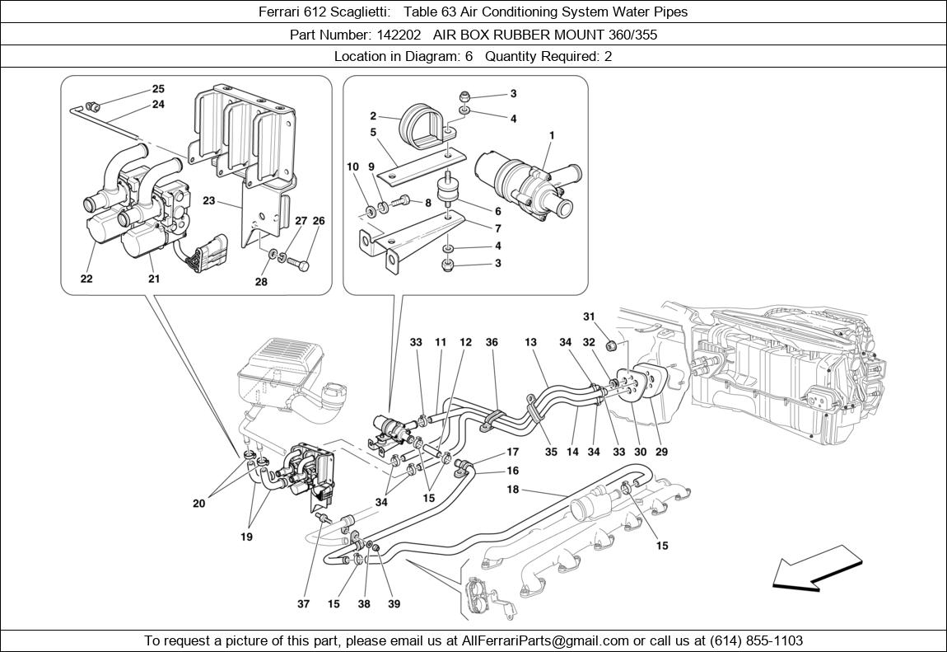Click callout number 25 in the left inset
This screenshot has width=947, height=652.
point(158,89)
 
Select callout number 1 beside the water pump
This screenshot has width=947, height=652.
point(551,135)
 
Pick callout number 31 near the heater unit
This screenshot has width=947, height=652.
point(589,317)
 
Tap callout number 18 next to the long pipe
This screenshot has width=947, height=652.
point(512,490)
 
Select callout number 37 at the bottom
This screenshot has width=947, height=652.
point(304,603)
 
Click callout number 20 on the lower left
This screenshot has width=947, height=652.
point(198,504)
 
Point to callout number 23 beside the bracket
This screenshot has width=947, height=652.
point(209,200)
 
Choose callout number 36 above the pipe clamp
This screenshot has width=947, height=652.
point(492,342)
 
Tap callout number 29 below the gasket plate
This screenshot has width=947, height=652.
point(661,452)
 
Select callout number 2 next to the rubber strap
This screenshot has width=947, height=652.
point(372,116)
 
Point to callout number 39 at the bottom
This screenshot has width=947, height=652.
point(394,603)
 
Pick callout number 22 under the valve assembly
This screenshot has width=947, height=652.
point(86,279)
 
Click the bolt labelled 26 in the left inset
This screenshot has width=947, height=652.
point(304,265)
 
